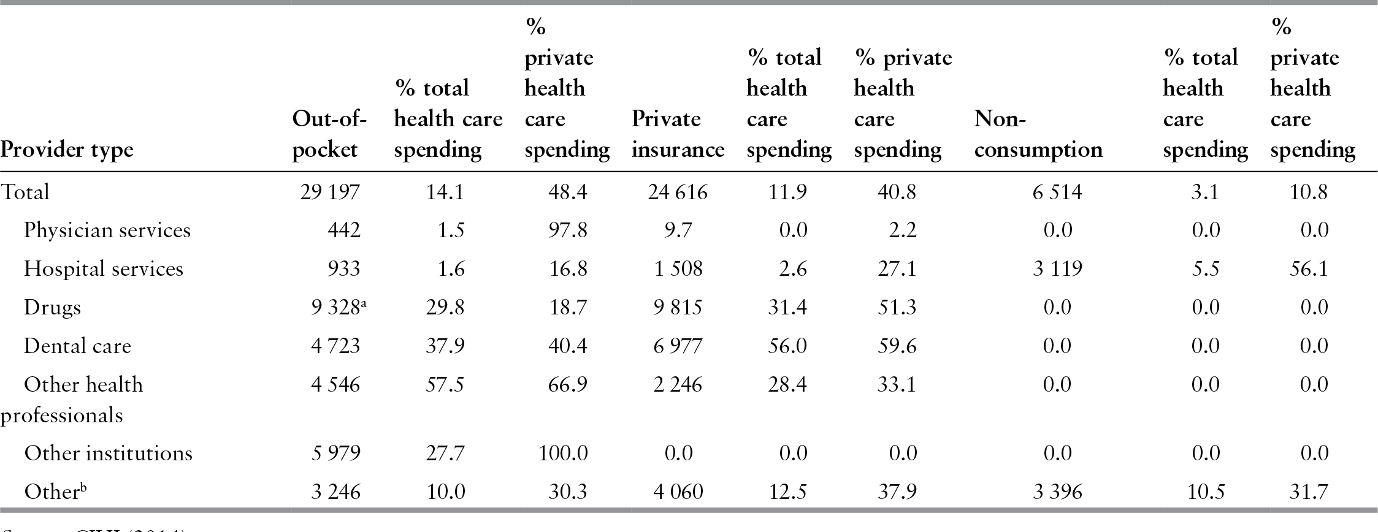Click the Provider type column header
(x=67, y=150)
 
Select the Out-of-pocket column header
(x=329, y=134)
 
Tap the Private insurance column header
(x=677, y=134)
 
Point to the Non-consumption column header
(x=1038, y=134)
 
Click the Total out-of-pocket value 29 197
(x=330, y=192)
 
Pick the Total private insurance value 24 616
(x=677, y=192)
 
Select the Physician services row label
(x=107, y=230)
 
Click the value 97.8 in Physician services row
(x=567, y=230)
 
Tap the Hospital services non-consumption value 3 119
(x=1057, y=269)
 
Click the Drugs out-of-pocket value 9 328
(x=334, y=307)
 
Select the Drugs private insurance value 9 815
(x=677, y=307)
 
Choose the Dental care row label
(x=77, y=346)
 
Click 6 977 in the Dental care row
(x=677, y=346)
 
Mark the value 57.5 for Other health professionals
(x=445, y=385)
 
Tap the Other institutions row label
(x=108, y=454)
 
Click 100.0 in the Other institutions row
(x=563, y=454)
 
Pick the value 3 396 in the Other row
(x=1057, y=492)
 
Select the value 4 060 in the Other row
(x=677, y=492)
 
